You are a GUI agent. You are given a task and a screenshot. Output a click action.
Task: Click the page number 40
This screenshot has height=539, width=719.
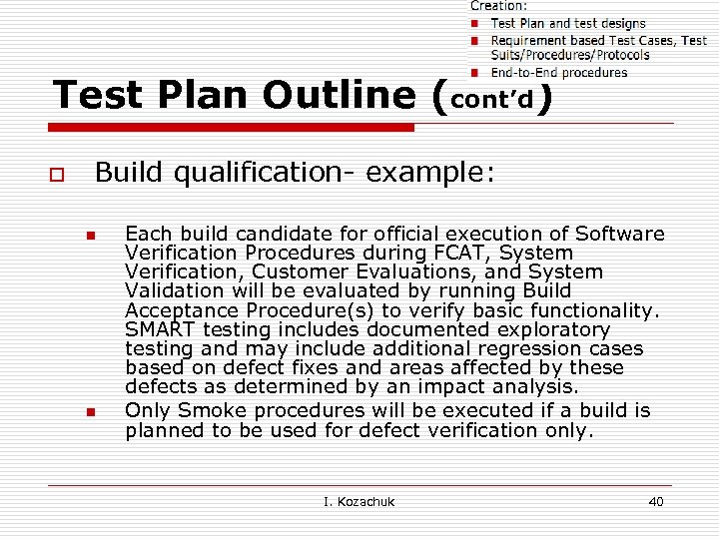point(655,501)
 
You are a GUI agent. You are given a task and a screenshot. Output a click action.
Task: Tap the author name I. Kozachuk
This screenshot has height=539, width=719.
point(359,501)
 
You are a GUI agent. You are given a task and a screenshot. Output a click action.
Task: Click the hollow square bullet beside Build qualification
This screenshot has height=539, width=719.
point(56,176)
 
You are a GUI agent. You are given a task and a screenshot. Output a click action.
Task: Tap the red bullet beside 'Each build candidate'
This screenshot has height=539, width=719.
point(90,237)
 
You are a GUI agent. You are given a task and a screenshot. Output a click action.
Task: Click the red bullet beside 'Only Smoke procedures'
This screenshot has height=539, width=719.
point(90,412)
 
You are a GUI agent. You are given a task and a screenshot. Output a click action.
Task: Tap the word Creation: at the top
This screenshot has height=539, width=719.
point(499,6)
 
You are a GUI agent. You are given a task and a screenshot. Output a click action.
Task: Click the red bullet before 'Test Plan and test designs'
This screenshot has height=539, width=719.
point(477,23)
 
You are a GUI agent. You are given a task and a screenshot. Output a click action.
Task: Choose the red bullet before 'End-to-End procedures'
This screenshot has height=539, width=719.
point(477,72)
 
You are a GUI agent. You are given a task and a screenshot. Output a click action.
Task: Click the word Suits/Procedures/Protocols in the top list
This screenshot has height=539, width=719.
point(569,55)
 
